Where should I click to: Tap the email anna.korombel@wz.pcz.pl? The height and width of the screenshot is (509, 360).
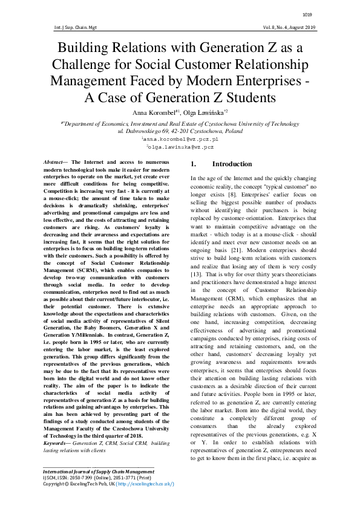click(180, 139)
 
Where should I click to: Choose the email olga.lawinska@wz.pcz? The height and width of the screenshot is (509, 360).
click(180, 147)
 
